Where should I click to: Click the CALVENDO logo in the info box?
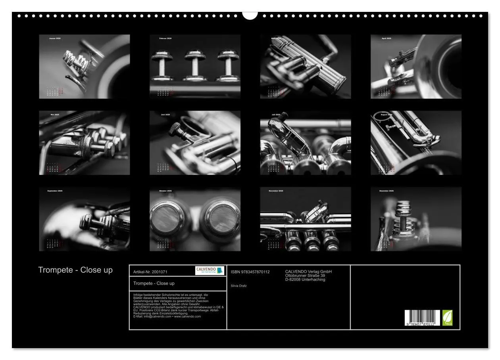click(210, 270)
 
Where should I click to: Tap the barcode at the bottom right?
click(422, 318)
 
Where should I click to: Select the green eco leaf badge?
click(447, 318)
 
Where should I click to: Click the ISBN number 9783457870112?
click(250, 272)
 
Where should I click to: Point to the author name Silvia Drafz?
click(238, 285)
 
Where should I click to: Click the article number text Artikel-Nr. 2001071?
click(150, 272)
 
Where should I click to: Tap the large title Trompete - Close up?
click(75, 270)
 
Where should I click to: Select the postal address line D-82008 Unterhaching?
click(305, 280)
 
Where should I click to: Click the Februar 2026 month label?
click(165, 38)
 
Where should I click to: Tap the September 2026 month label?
click(55, 191)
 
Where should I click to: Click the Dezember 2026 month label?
click(386, 191)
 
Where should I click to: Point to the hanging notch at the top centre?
click(250, 15)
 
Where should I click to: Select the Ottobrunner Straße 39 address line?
click(305, 276)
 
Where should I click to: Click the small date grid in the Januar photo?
click(55, 92)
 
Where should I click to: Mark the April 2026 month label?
click(386, 38)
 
